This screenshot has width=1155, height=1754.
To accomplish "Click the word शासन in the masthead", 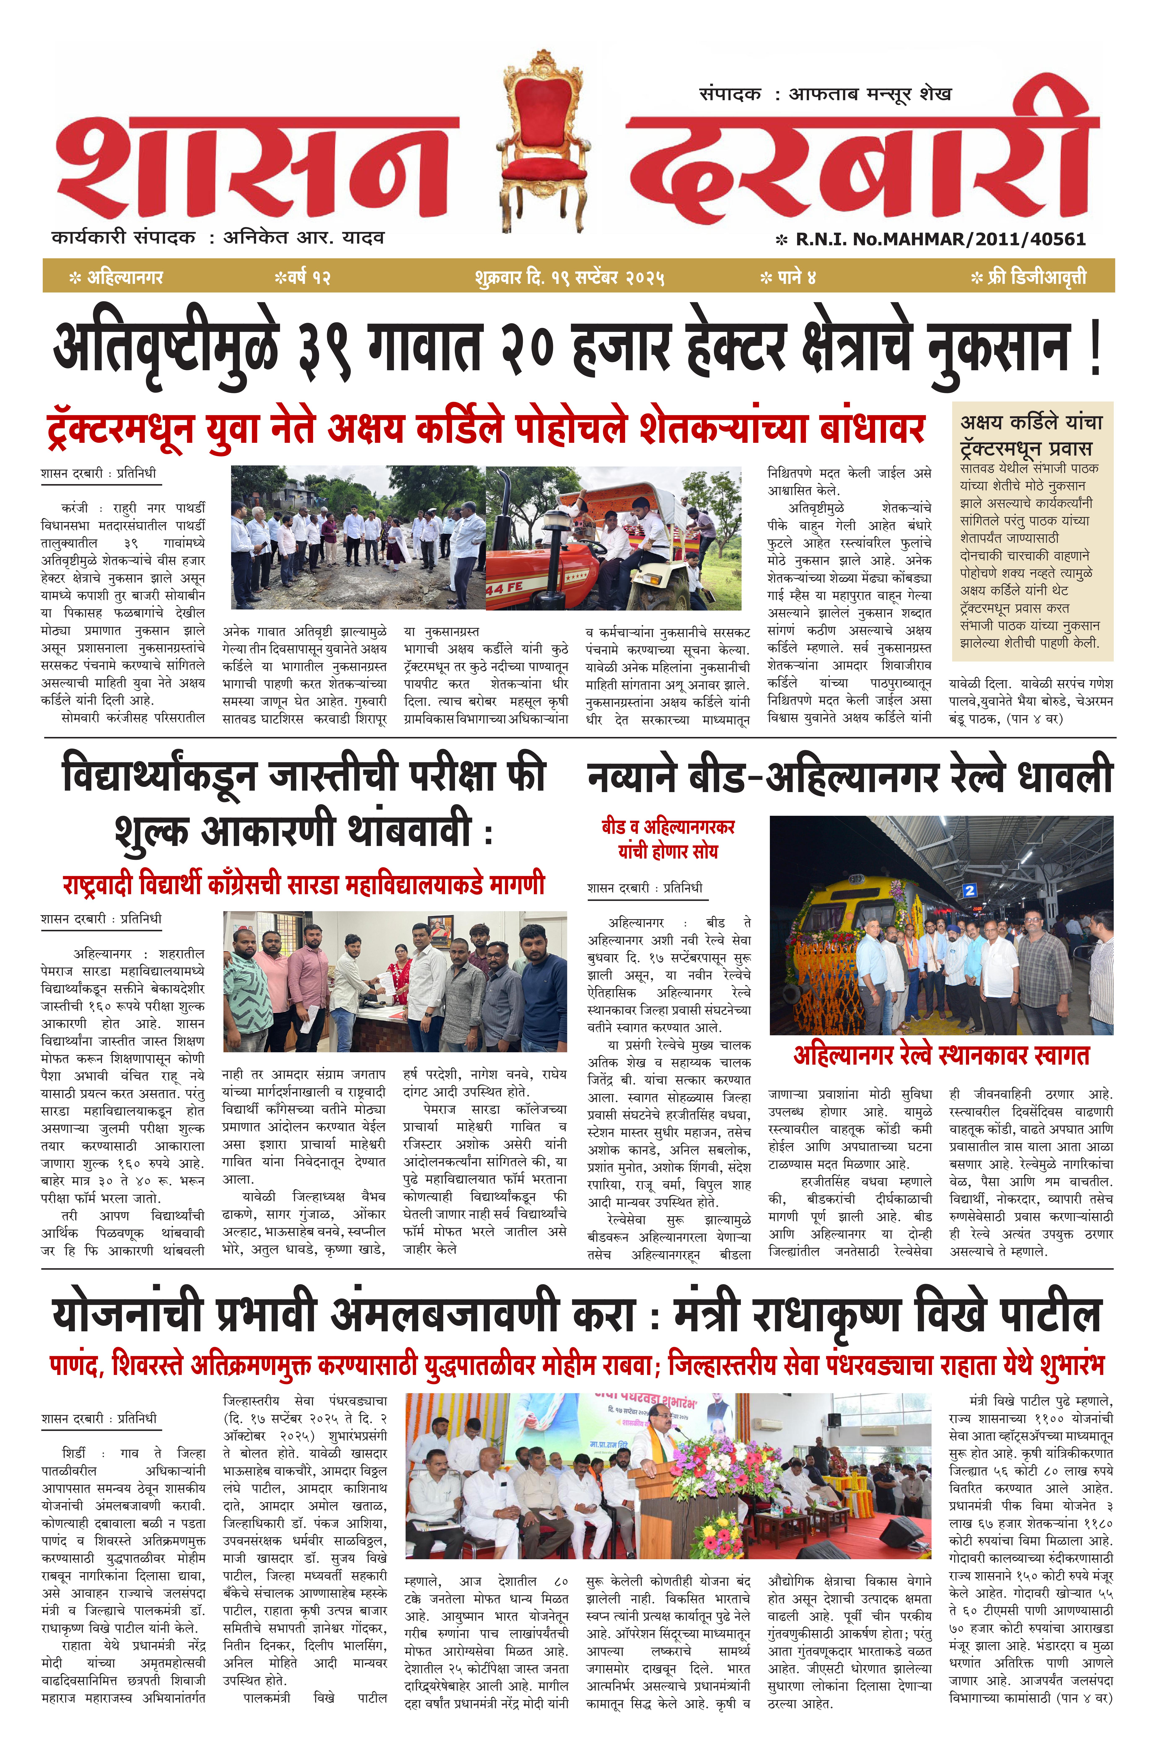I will (258, 166).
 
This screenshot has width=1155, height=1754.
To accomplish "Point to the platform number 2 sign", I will (969, 890).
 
